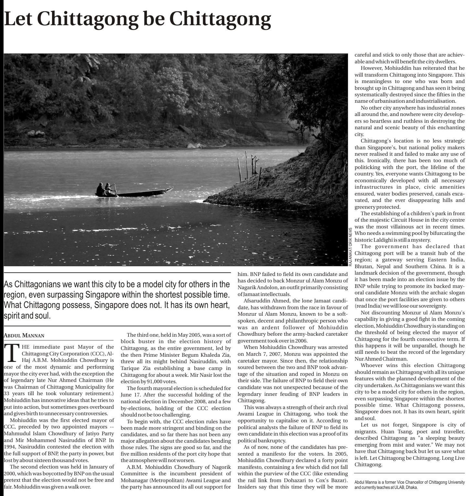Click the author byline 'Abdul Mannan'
[x=24, y=335]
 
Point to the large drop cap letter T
[x=12, y=353]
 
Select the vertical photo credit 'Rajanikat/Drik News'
[x=350, y=247]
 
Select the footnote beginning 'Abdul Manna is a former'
[x=409, y=485]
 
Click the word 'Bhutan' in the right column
[x=364, y=267]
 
